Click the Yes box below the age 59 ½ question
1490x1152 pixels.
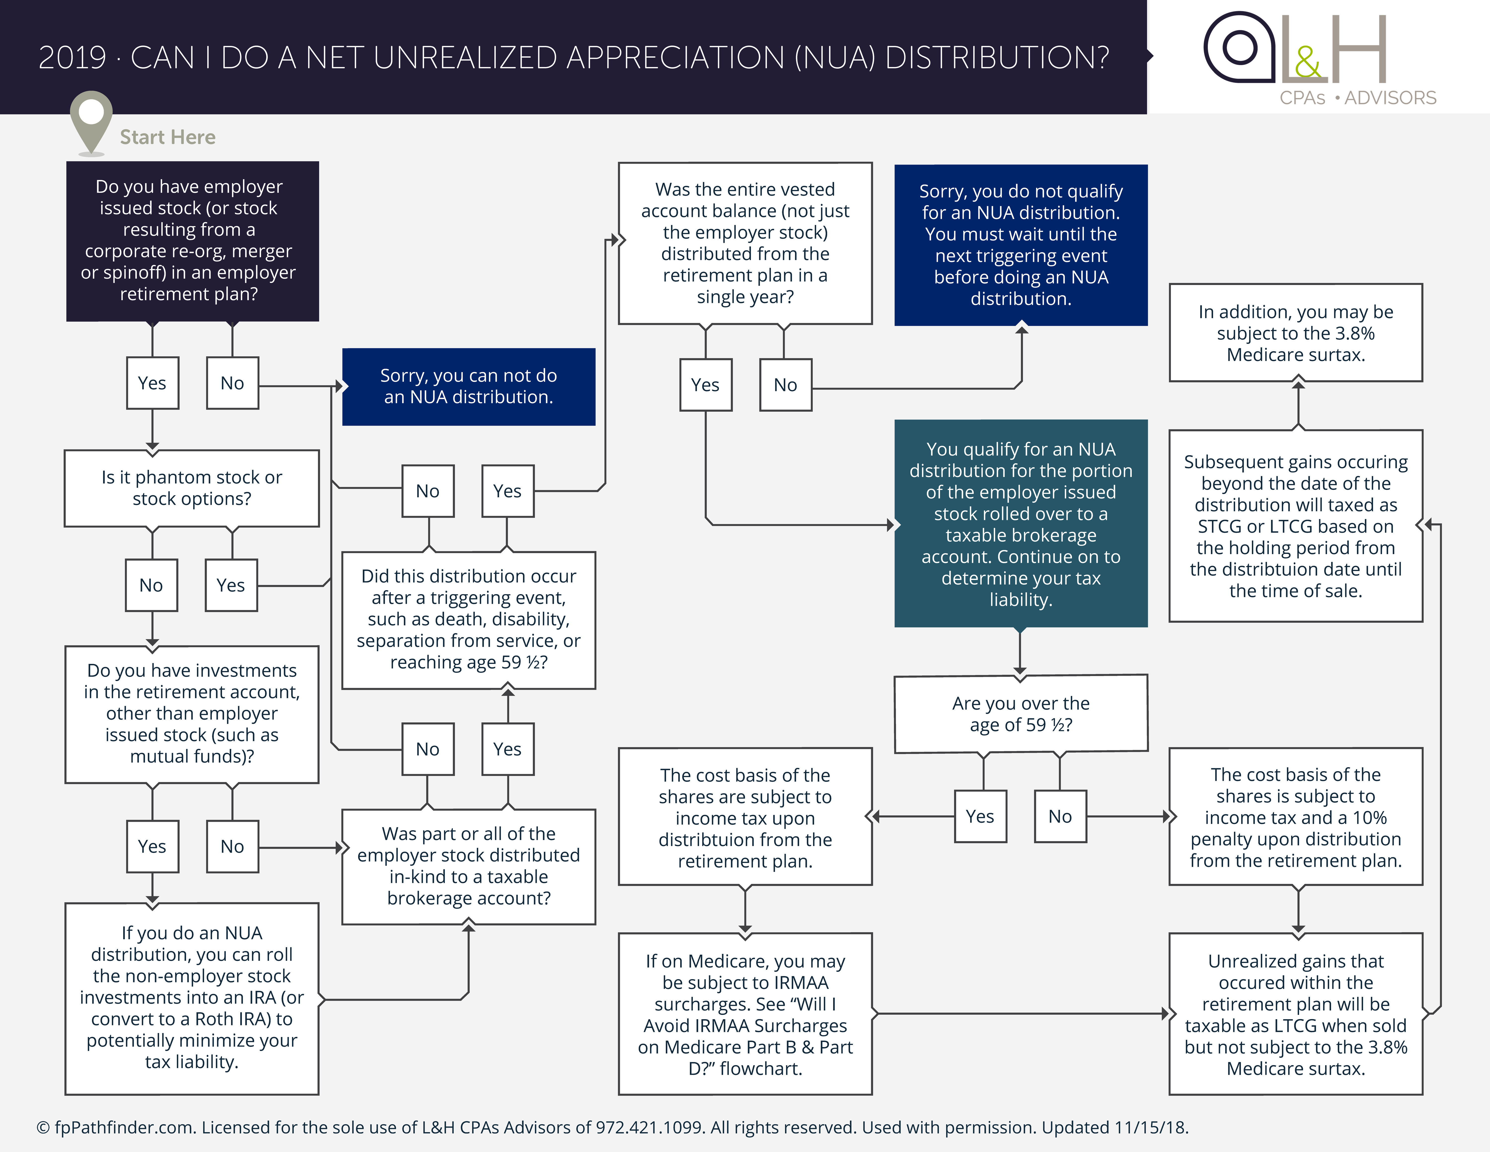[980, 816]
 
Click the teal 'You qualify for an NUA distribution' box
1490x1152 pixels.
[1021, 524]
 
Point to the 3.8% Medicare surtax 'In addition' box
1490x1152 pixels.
[1296, 333]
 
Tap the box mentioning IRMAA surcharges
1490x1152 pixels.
[745, 1014]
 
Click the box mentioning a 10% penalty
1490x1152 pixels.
[1296, 817]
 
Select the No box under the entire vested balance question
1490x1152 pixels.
[785, 385]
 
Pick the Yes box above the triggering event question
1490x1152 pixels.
[508, 491]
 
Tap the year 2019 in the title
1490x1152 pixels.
[72, 58]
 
